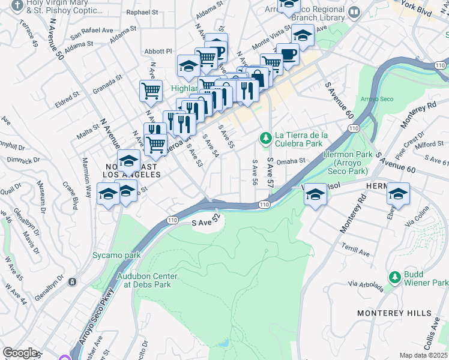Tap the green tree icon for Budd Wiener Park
(394, 277)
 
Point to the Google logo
(20, 353)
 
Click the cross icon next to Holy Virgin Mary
(17, 5)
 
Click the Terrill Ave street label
(356, 251)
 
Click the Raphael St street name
(142, 12)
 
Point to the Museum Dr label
(41, 191)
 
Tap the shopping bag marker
(257, 78)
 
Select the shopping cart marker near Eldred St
(151, 91)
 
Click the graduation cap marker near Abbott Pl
(189, 65)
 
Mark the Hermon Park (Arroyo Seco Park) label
(345, 163)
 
